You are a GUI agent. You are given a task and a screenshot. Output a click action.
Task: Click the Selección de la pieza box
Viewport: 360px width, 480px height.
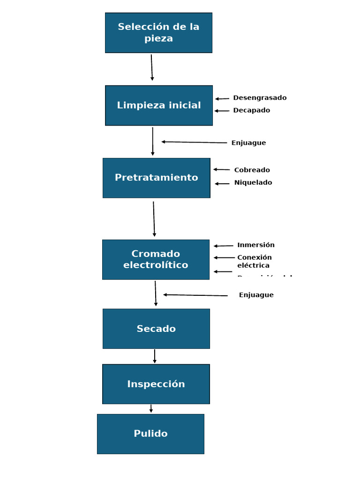click(x=158, y=33)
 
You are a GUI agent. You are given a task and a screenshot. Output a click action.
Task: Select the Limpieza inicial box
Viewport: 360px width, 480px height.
click(x=158, y=105)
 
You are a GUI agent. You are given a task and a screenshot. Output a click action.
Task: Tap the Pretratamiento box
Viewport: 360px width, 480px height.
click(x=156, y=178)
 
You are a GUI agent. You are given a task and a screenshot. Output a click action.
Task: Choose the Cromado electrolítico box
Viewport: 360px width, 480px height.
click(x=156, y=259)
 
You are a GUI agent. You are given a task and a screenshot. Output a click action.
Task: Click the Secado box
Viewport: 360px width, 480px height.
click(x=156, y=329)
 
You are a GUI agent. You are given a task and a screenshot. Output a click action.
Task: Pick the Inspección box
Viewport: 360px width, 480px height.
click(x=156, y=384)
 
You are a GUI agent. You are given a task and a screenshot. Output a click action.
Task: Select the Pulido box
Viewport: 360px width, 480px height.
click(x=150, y=434)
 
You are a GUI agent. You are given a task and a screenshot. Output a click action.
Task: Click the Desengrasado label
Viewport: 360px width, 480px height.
click(x=260, y=98)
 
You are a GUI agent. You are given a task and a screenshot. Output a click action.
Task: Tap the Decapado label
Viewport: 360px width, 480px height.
click(x=252, y=110)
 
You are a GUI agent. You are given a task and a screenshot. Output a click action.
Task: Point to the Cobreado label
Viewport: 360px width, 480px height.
click(x=252, y=170)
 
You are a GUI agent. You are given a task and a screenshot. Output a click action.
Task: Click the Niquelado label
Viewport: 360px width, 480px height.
click(x=253, y=182)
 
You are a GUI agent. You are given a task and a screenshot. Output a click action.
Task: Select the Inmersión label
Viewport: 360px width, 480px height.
click(x=256, y=245)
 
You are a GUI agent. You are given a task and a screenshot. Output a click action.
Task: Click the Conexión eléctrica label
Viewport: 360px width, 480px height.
click(x=255, y=261)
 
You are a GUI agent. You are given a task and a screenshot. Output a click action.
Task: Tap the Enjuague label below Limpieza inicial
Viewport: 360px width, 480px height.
click(x=248, y=143)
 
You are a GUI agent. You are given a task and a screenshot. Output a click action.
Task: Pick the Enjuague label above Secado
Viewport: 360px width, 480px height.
click(x=256, y=295)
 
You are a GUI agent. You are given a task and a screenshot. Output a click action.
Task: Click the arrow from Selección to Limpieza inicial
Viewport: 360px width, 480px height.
click(x=152, y=67)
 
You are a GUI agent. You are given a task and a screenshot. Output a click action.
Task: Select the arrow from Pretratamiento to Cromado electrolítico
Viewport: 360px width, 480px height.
click(x=154, y=219)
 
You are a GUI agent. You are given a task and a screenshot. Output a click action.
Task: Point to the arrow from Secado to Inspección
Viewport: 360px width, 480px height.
click(x=155, y=356)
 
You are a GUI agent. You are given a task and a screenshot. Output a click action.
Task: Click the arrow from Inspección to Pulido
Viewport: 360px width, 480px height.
click(x=151, y=409)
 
